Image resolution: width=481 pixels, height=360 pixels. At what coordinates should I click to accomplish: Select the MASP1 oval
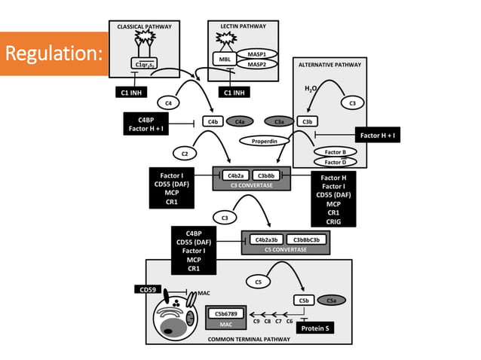[x=258, y=55]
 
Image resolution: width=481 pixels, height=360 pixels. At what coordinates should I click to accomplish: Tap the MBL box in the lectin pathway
[x=224, y=60]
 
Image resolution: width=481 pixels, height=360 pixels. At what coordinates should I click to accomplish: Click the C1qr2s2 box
[x=143, y=65]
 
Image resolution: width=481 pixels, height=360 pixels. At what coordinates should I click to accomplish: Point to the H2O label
[x=311, y=89]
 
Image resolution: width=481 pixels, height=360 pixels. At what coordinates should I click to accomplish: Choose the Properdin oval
[x=265, y=140]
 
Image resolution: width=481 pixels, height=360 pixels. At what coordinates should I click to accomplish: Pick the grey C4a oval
[x=240, y=121]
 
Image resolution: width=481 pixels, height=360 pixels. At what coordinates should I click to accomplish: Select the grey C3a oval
[x=278, y=121]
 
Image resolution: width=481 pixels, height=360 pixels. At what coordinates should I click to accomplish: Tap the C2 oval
[x=185, y=153]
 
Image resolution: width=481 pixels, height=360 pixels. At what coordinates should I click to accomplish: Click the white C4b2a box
[x=234, y=175]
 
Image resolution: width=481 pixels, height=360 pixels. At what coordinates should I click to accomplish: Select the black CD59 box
[x=147, y=290]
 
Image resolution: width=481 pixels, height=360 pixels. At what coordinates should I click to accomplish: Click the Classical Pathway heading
[x=144, y=27]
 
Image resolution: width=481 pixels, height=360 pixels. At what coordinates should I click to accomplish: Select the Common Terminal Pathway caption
[x=248, y=340]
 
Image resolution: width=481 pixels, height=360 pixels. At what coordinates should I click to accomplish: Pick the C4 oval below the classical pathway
[x=168, y=102]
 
